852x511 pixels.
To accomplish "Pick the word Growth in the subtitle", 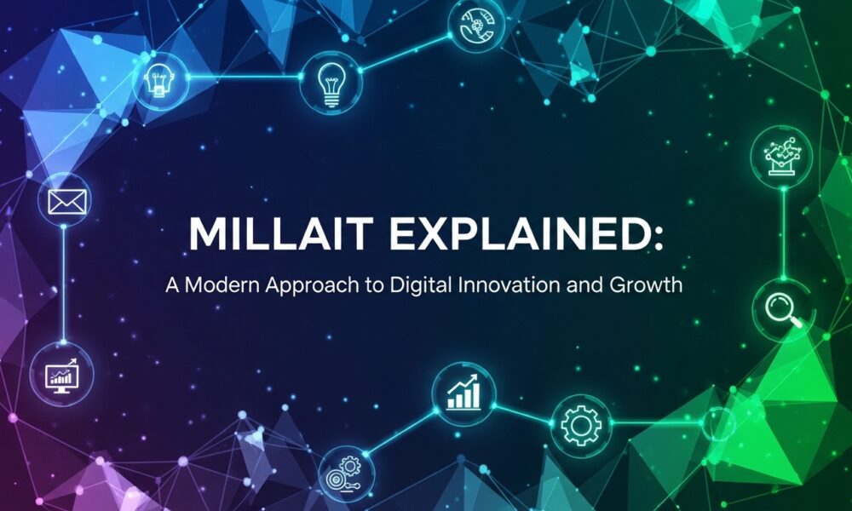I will [x=647, y=284].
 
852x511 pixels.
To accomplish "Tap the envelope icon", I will [x=68, y=202].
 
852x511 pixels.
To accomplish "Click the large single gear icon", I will [x=582, y=422].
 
